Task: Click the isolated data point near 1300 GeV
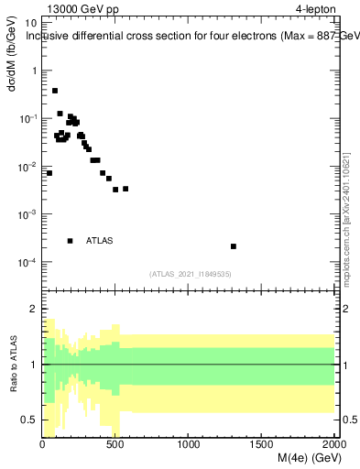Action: tap(234, 246)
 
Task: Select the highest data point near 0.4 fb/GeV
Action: tap(55, 91)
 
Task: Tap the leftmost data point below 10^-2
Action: tap(49, 173)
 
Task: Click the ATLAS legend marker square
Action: tap(70, 241)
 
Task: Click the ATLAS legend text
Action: tap(99, 241)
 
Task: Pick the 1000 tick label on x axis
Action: tap(189, 445)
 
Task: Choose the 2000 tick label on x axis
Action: tap(333, 445)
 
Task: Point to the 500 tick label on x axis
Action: tap(115, 445)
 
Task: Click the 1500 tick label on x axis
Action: tap(262, 445)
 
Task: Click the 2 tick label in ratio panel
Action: tap(34, 310)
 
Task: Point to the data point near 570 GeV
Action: tap(125, 189)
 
